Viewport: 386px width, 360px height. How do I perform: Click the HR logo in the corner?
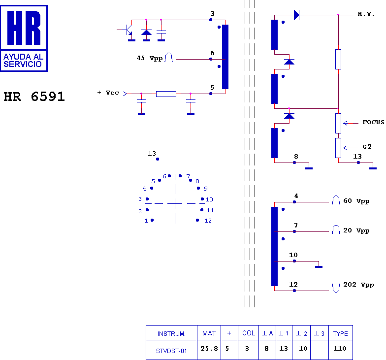coord(25,38)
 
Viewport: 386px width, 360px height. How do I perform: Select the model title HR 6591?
coord(34,97)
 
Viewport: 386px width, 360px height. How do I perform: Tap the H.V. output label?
coord(366,14)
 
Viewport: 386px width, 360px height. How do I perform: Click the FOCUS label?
coord(373,122)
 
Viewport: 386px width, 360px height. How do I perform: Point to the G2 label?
coord(367,147)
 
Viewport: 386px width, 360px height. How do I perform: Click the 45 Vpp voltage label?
coord(150,58)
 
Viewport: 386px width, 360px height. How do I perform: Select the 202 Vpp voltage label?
coord(358,285)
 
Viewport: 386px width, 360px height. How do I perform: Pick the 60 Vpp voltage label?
coord(356,201)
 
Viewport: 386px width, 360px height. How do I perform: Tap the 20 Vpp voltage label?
coord(356,230)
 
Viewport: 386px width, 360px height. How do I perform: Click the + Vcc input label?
coord(108,93)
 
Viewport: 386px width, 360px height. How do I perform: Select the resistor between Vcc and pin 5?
coord(166,94)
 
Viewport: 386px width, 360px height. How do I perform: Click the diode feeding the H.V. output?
coord(296,15)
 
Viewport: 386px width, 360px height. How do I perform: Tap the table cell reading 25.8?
coord(209,349)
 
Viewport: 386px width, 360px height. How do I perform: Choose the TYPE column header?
coord(340,333)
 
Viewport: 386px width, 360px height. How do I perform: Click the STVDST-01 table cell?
coord(171,351)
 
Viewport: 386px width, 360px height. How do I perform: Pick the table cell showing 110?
coord(340,349)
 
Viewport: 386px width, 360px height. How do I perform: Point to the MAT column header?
coord(209,333)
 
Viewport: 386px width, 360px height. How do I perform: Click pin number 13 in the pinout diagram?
coord(152,154)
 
